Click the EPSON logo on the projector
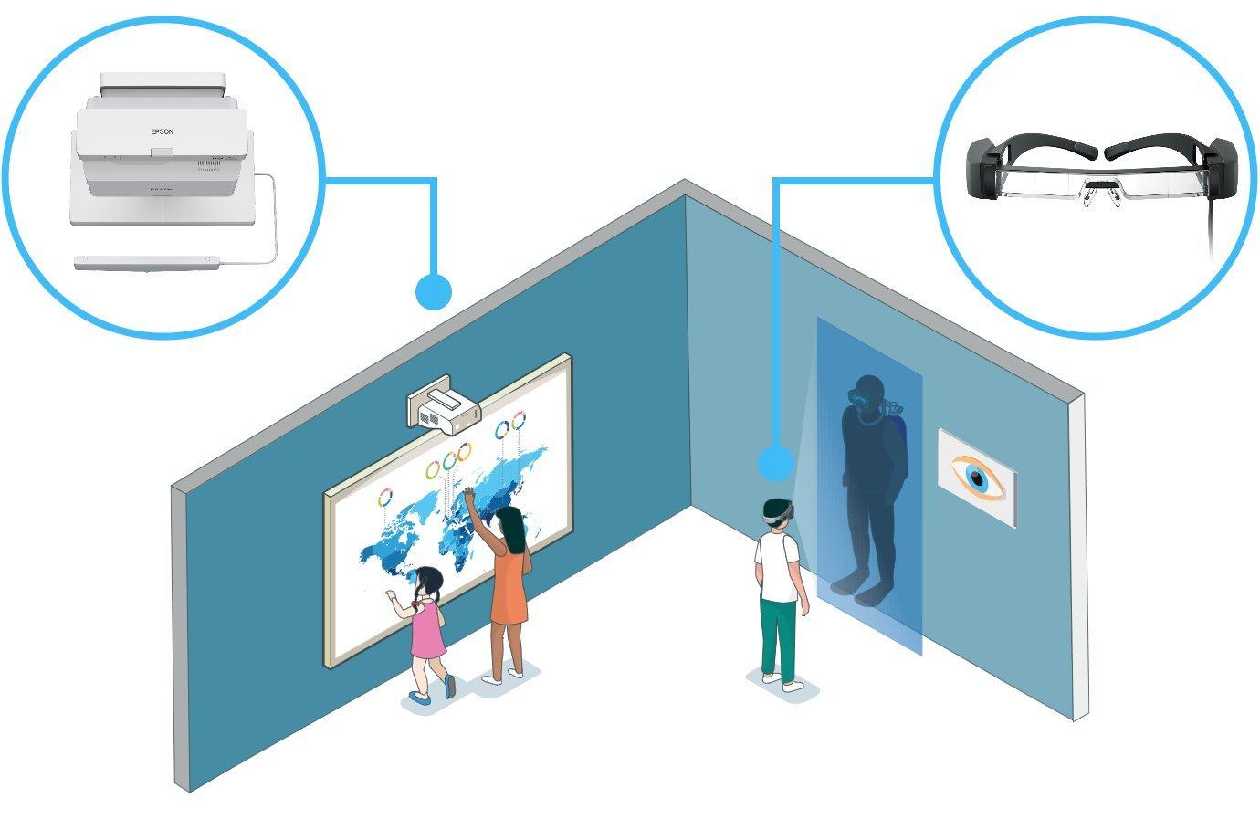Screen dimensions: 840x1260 [x=162, y=131]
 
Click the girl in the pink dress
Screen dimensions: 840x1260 [x=426, y=625]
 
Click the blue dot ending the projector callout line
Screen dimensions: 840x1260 [x=433, y=292]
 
